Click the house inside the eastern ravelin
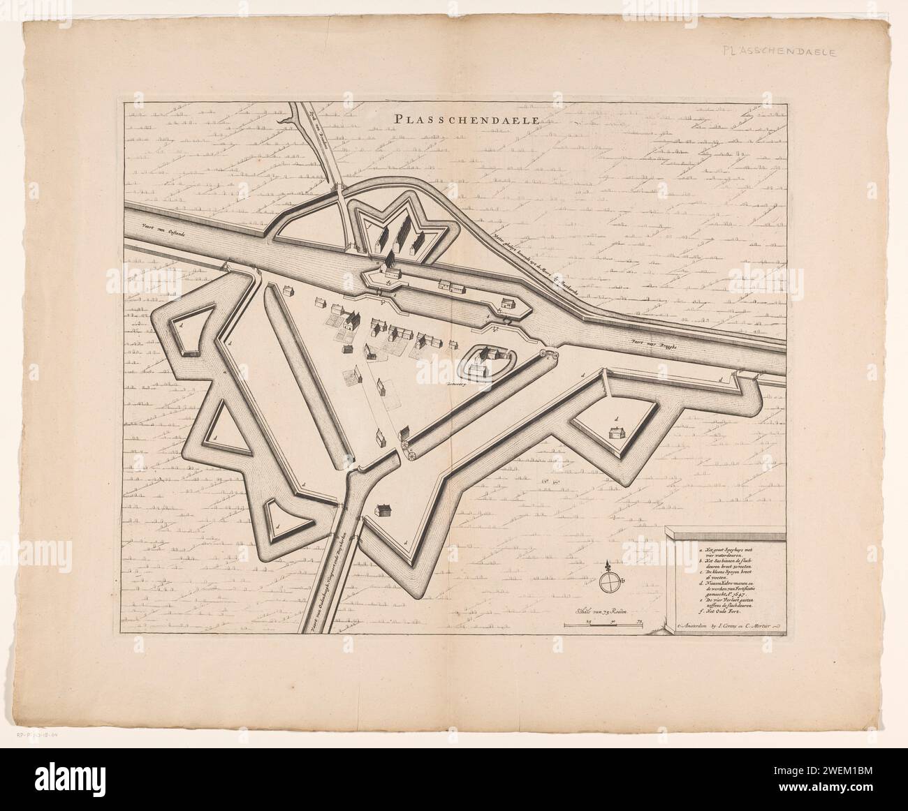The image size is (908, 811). (615, 433)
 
